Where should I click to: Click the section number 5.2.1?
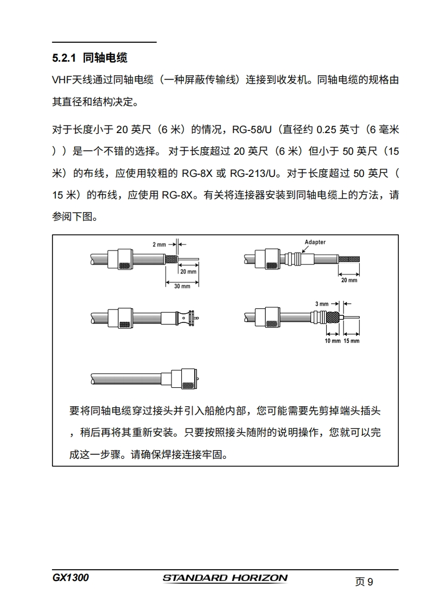click(65, 57)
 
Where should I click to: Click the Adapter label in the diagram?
click(315, 242)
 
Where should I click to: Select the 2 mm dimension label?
click(159, 245)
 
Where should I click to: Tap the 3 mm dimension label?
click(322, 303)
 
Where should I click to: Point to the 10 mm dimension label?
click(332, 341)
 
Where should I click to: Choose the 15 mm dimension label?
click(351, 341)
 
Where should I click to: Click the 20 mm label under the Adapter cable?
click(349, 280)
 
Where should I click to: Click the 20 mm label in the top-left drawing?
click(188, 272)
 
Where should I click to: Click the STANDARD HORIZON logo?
click(225, 578)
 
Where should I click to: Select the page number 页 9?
click(364, 582)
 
